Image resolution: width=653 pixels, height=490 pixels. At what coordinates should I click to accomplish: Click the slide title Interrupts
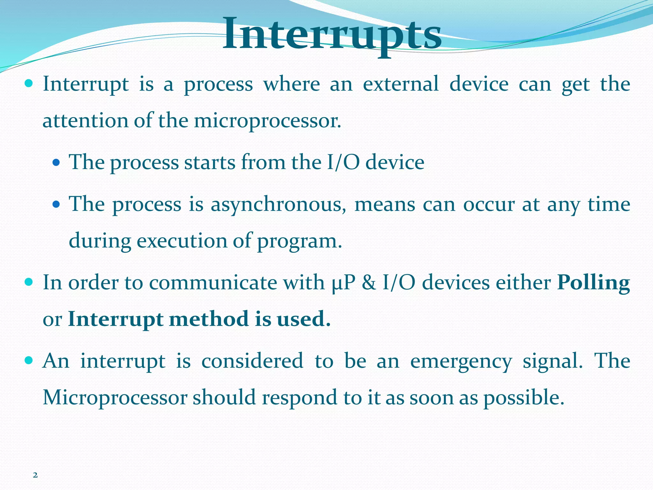coord(332,34)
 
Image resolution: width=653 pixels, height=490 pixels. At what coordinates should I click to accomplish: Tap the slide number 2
coord(35,475)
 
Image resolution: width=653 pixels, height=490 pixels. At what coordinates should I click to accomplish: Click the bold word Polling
coord(593,283)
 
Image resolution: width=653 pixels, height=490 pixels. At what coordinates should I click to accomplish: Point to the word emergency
coord(461,361)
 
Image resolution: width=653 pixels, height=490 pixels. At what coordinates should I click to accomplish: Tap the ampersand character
coord(369,283)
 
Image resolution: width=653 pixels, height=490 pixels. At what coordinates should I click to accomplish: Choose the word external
coord(401,84)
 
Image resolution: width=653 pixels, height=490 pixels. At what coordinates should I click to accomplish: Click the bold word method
coord(209,319)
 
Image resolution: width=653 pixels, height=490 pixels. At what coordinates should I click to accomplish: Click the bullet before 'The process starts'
coord(56,163)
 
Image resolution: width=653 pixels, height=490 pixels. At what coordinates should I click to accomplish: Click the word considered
coord(252,361)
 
